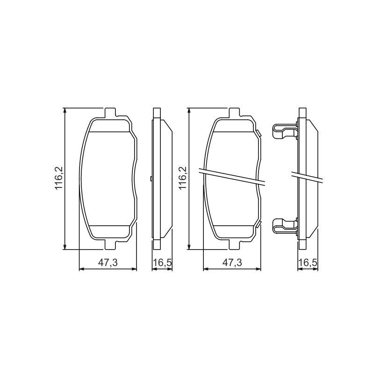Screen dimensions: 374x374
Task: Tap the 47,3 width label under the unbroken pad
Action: click(x=108, y=263)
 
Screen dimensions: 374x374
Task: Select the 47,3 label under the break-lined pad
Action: click(x=232, y=263)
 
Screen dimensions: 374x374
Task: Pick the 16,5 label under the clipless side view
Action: click(x=162, y=263)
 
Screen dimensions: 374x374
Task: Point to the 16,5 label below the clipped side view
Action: click(x=308, y=263)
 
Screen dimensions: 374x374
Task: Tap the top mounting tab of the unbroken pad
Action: click(x=110, y=113)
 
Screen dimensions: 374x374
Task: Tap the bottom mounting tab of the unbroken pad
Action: click(x=110, y=245)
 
